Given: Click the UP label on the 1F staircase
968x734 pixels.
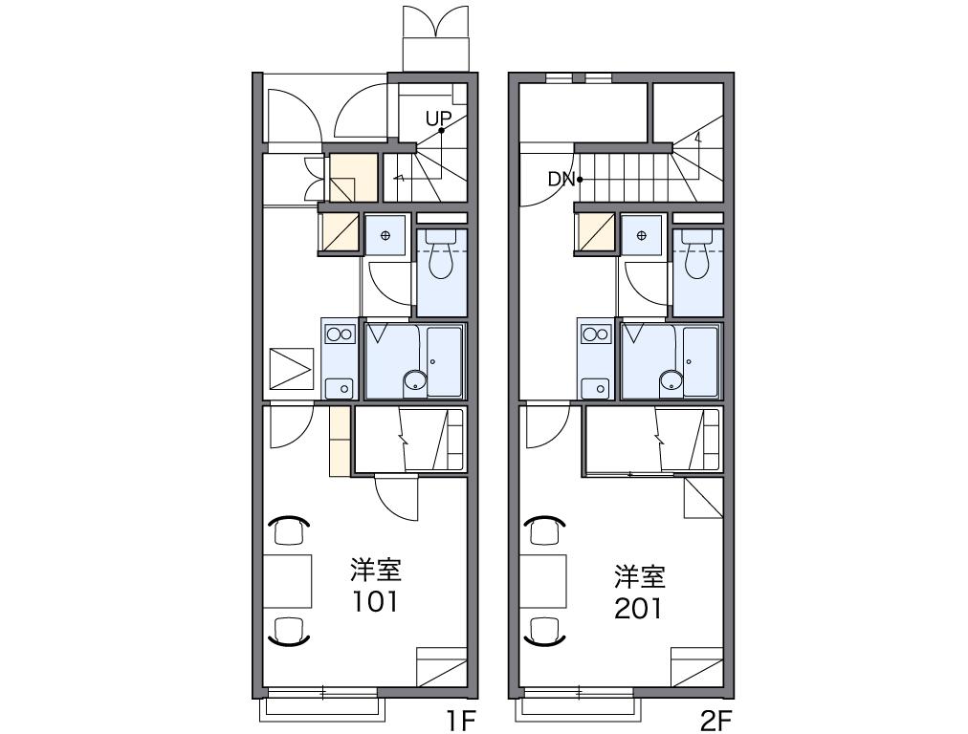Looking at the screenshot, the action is pos(438,118).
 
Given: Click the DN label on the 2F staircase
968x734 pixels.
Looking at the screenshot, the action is pos(561,180).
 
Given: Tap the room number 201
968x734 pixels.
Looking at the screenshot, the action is pos(638,609).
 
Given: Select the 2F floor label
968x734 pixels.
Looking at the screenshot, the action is pos(716,720).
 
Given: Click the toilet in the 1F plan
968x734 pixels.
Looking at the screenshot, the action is pos(441,255).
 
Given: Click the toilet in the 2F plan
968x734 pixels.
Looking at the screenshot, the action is pos(697,255).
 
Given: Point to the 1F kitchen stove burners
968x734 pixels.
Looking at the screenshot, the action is pos(340,335).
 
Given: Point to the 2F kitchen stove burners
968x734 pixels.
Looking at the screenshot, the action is pos(596,335).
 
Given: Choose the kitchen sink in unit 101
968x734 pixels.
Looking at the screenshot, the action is pos(340,387).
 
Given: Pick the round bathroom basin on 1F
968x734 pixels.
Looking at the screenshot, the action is pos(415,381).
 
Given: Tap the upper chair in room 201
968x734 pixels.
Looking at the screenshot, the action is pos(544,530).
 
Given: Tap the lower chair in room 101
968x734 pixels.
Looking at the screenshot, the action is pos(289,631).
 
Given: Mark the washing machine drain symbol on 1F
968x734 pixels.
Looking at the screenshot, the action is pos(385,235).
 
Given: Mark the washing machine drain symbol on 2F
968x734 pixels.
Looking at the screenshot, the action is pos(642,235).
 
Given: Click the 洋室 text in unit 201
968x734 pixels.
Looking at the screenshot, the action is pos(640,576).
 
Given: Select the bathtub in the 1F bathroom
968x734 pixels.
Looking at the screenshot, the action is pos(445,361).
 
